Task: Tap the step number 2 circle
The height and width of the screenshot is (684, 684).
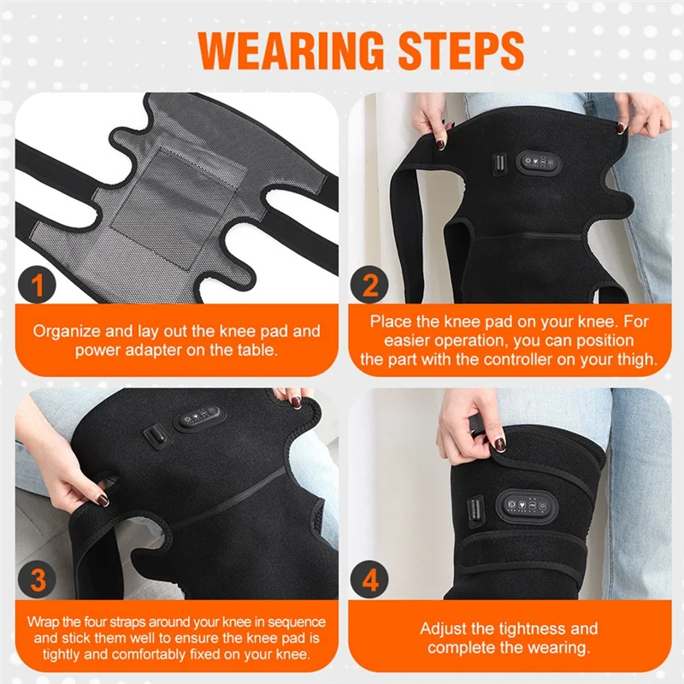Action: tap(370, 286)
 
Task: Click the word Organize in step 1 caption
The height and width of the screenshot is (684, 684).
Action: tap(68, 330)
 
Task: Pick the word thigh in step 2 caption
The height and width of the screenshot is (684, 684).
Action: tap(637, 360)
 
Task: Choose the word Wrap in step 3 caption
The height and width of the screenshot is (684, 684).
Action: tap(44, 622)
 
